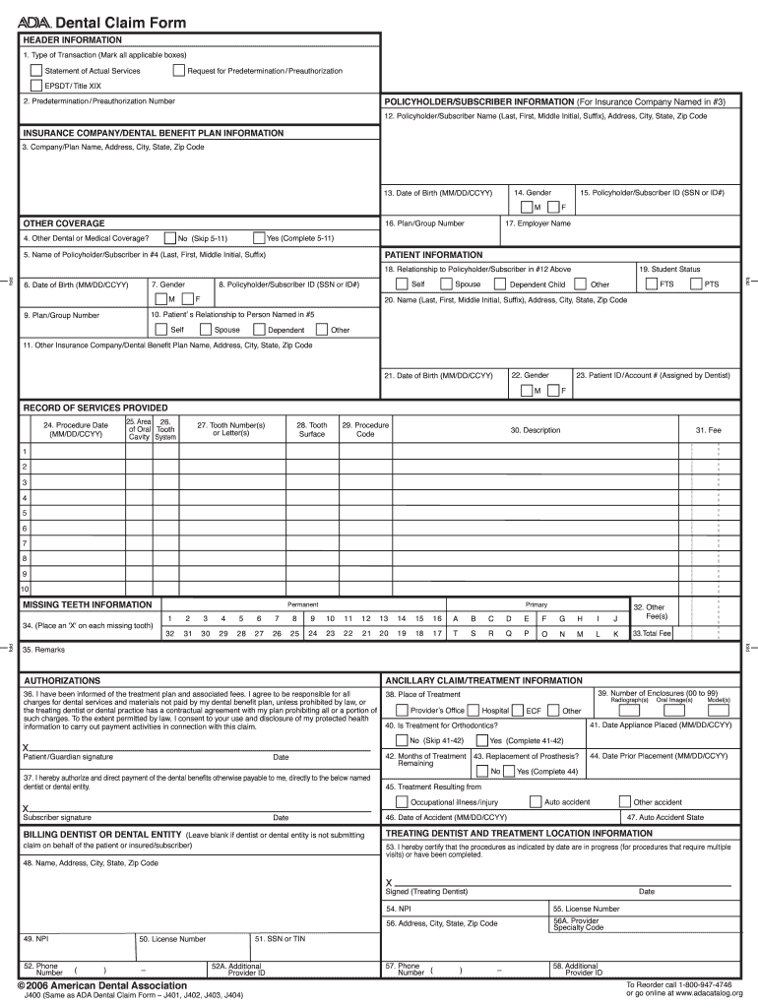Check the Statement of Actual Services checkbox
pos(36,71)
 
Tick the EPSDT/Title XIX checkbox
pos(36,86)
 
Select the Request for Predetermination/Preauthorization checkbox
pos(178,71)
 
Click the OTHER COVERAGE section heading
pos(64,223)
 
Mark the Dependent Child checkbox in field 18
pos(501,284)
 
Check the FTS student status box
pos(652,284)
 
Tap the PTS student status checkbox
pos(697,284)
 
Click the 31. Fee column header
pos(709,430)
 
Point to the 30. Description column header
pos(535,430)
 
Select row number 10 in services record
pos(26,590)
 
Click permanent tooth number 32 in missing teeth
pos(171,634)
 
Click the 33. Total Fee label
pos(651,634)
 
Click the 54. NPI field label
pos(399,909)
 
